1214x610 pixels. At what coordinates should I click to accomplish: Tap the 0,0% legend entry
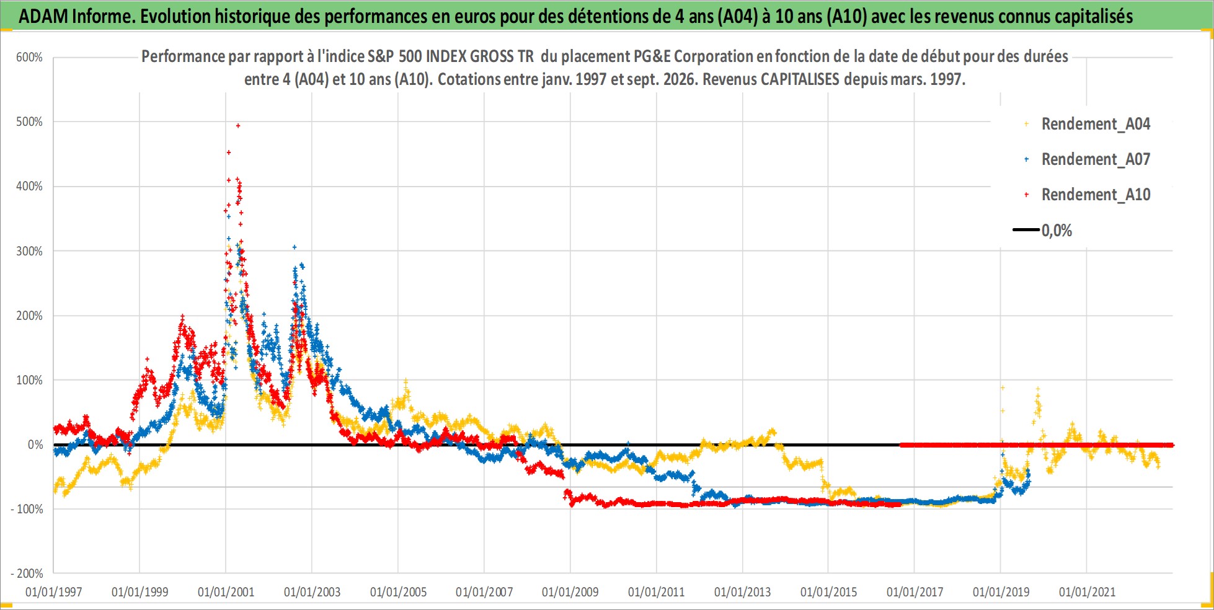pyautogui.click(x=1043, y=231)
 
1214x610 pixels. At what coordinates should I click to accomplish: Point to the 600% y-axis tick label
pyautogui.click(x=29, y=58)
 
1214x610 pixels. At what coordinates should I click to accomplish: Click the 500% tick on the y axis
pyautogui.click(x=29, y=122)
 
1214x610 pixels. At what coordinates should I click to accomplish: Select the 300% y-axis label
pyautogui.click(x=29, y=251)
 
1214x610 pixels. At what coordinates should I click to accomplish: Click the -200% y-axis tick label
pyautogui.click(x=27, y=574)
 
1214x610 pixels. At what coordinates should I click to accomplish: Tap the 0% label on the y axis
pyautogui.click(x=35, y=445)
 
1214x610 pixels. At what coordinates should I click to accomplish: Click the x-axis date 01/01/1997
pyautogui.click(x=54, y=592)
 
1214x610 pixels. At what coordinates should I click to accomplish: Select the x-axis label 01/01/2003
pyautogui.click(x=312, y=592)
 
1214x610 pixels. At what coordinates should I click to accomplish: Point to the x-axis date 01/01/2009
pyautogui.click(x=570, y=592)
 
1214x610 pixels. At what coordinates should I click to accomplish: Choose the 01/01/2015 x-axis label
pyautogui.click(x=828, y=592)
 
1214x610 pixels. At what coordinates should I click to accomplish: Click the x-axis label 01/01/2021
pyautogui.click(x=1087, y=592)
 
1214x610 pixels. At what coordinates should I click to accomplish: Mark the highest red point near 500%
pyautogui.click(x=238, y=126)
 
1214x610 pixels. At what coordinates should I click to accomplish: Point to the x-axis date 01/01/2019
pyautogui.click(x=1001, y=592)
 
